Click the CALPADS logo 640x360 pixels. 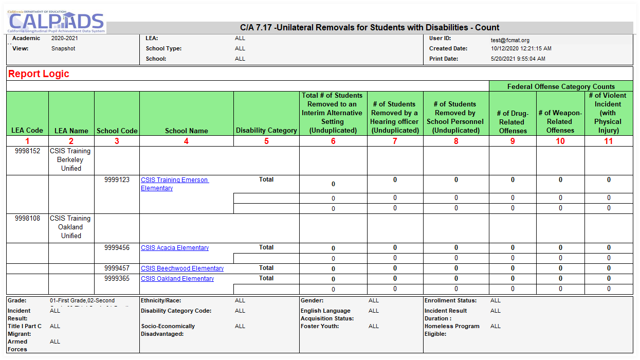57,22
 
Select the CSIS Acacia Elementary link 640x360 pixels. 175,248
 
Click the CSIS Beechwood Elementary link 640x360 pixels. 182,268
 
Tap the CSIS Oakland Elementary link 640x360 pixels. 177,279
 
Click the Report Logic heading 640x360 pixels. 39,74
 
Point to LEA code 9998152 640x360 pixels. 27,151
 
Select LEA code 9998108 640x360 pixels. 27,219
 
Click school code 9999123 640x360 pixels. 117,180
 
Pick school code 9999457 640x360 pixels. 117,268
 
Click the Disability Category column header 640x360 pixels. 266,131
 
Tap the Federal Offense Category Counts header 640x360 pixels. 561,86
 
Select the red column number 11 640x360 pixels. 608,141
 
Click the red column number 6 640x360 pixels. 333,141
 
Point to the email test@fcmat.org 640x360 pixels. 510,40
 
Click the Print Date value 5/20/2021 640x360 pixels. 518,59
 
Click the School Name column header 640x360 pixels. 186,131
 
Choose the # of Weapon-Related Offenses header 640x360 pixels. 560,121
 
